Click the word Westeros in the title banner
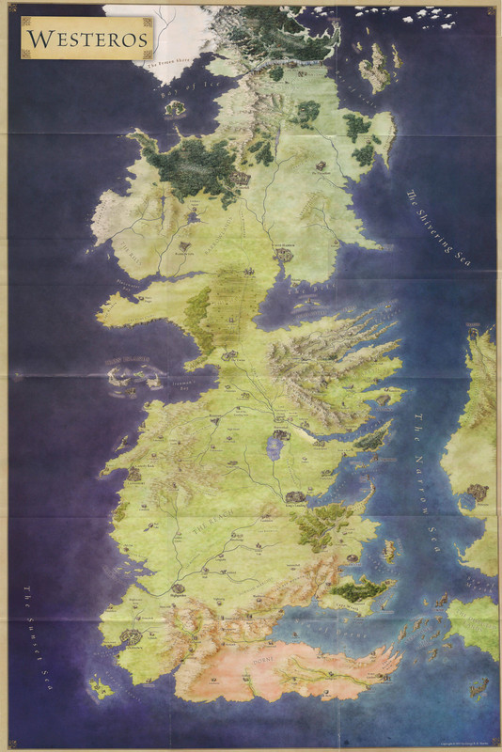[x=87, y=39]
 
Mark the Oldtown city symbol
[x=129, y=637]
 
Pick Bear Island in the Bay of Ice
[x=175, y=107]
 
